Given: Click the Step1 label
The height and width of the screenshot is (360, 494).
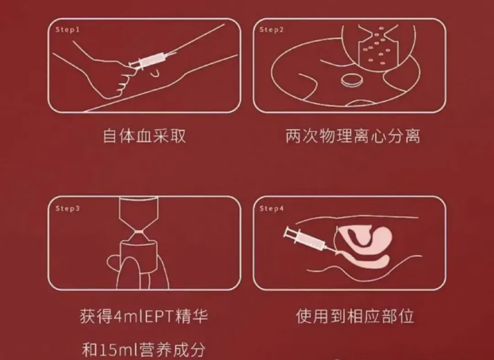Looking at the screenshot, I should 67,30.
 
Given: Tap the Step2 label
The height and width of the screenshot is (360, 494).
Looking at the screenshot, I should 272,30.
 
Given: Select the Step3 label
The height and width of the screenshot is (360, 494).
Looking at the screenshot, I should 67,209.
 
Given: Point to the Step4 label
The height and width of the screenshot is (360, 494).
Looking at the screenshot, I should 272,209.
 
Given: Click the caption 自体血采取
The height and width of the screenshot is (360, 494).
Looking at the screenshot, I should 144,136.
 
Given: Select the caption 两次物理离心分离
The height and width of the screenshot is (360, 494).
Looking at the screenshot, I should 352,136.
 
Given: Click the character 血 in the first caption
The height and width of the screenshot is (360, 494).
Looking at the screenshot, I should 144,136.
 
